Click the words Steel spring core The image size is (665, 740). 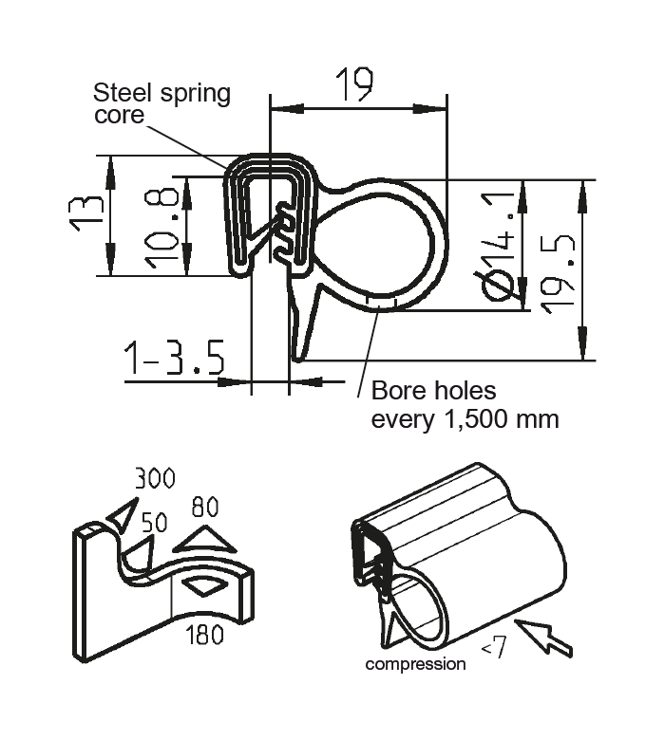[x=160, y=103]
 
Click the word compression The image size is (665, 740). [x=415, y=664]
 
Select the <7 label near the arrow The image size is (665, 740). [x=493, y=650]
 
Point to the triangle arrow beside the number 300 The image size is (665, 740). [x=122, y=517]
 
